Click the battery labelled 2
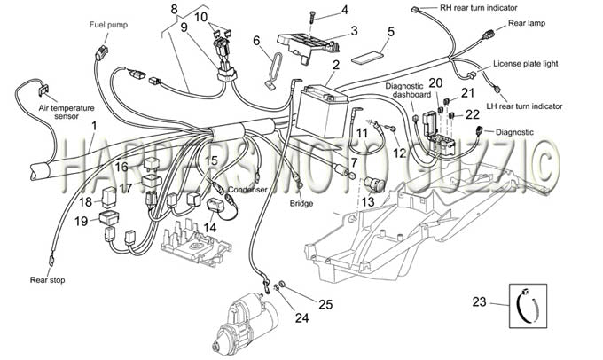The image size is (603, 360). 322,112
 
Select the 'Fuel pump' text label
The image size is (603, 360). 108,25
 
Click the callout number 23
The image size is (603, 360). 479,302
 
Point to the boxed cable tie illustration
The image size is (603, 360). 528,306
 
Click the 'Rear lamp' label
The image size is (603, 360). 527,23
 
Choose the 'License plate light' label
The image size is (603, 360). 525,64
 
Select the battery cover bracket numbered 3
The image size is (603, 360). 308,45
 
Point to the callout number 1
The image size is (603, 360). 93,126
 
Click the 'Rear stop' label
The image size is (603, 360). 47,280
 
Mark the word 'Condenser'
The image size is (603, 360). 247,190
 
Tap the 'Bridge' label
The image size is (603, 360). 301,203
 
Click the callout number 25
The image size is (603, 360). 325,304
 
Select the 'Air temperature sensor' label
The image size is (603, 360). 67,112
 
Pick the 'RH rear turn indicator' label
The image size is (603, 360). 479,7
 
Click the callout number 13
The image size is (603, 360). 368,202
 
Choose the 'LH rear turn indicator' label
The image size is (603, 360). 524,106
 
